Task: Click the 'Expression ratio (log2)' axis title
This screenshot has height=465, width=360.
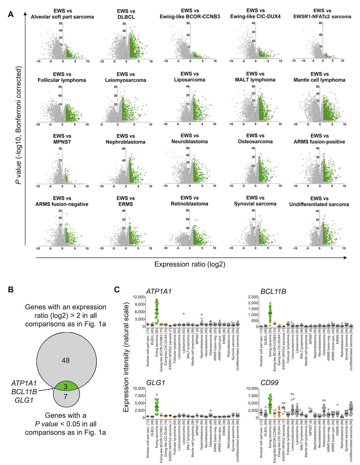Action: click(182, 264)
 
